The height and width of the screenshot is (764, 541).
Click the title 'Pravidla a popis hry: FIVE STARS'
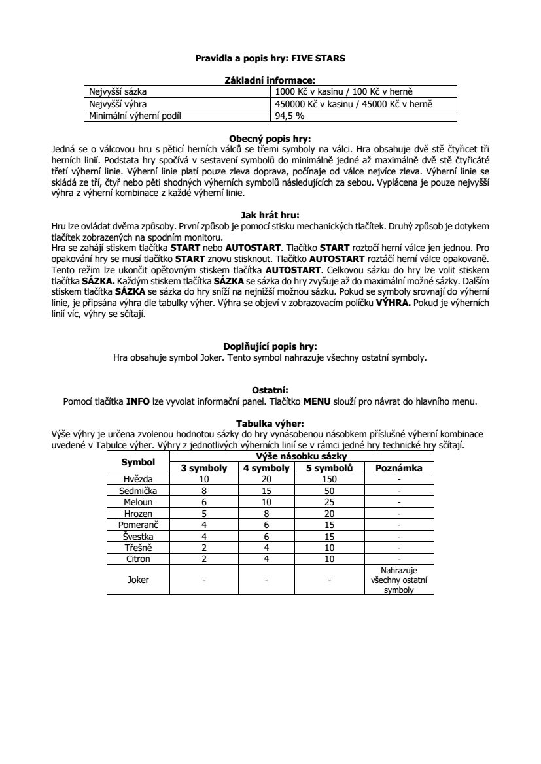click(x=270, y=58)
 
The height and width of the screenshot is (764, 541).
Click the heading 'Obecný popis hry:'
click(x=270, y=139)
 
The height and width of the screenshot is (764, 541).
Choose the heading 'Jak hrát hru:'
click(x=270, y=214)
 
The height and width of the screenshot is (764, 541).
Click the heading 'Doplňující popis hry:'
click(x=270, y=347)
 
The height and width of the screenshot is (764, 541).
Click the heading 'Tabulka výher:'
click(x=270, y=423)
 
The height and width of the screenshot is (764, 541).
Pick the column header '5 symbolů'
click(x=330, y=468)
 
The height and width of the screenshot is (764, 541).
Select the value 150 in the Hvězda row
click(x=330, y=479)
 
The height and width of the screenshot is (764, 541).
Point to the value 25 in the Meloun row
click(x=330, y=501)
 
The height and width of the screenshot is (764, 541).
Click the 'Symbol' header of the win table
click(x=138, y=462)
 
